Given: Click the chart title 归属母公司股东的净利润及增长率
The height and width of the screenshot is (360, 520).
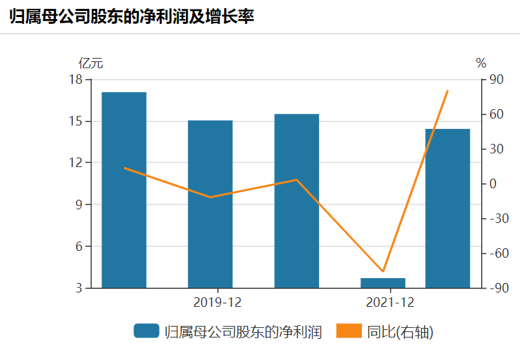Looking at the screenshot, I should (x=132, y=17).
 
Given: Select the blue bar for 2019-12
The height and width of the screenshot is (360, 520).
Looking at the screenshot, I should (x=210, y=204).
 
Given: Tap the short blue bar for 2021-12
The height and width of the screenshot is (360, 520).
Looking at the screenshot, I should (x=383, y=283).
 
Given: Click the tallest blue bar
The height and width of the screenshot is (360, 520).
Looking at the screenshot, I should (x=124, y=190).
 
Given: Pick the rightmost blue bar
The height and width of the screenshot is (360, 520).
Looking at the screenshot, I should (x=448, y=208).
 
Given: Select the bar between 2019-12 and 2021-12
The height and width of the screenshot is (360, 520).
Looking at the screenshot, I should (x=296, y=200).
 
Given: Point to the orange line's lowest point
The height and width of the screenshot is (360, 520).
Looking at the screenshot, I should (x=383, y=271).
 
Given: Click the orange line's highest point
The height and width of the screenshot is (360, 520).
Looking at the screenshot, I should (x=448, y=91).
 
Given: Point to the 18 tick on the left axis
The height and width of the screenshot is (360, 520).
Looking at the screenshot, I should (x=76, y=80).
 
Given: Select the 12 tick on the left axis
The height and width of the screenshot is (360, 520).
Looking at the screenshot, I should (x=76, y=163).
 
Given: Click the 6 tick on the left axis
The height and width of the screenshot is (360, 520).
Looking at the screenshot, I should (x=78, y=246).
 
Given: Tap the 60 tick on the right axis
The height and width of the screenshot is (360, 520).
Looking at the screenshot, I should (x=496, y=115).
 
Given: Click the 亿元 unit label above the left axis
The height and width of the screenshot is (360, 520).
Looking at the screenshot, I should (x=91, y=63).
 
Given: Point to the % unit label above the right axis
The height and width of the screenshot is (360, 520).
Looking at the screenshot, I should (x=481, y=63).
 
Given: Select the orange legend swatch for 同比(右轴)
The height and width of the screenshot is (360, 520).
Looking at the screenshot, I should (x=349, y=331).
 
